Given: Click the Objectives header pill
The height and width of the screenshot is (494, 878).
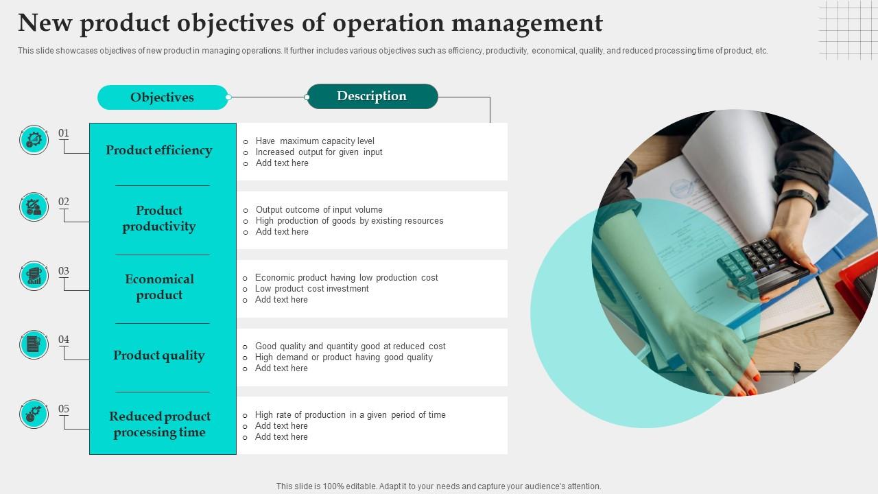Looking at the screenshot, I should coord(163,97).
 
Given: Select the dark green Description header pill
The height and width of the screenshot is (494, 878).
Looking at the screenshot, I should coord(372,96).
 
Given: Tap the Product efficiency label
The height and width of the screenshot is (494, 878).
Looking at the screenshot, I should coord(159,150).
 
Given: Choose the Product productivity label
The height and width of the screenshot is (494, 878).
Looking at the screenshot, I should coord(159,218).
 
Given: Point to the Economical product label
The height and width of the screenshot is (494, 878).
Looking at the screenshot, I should coord(159,287).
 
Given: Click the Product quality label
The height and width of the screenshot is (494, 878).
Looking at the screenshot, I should coord(159,355).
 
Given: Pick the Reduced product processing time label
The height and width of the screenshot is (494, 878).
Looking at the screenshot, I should coord(160,424).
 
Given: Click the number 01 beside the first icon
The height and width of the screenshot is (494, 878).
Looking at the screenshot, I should coord(64,133).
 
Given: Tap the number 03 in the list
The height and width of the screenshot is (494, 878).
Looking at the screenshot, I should coord(64,271).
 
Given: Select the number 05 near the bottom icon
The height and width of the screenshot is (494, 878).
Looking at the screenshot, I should coord(64,409).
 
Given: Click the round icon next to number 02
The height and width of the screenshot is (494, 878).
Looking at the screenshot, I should coord(34,207).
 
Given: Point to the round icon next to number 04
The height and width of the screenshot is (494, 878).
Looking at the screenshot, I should coord(34,344).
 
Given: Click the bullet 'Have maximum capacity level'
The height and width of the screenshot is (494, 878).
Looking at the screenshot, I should coord(315,141).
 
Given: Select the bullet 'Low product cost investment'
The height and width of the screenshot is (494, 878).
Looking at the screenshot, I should coord(311,289).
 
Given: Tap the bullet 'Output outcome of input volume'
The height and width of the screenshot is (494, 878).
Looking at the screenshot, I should coord(319,210).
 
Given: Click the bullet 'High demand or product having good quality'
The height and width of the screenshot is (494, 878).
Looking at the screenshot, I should coord(344,357).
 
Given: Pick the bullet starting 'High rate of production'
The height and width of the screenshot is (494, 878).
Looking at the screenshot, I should coord(350,415).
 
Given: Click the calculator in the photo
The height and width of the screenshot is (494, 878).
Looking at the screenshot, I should coord(759,264).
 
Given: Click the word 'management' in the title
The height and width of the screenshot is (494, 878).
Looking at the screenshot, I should coord(526,23).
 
